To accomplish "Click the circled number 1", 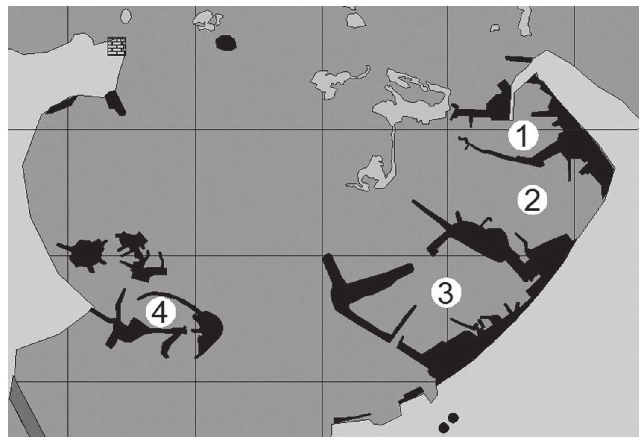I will (x=523, y=135).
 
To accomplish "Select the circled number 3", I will (x=446, y=293).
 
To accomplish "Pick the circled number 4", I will (x=160, y=312).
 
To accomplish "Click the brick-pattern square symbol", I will (x=117, y=46).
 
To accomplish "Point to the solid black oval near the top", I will (x=226, y=43).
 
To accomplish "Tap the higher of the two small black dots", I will (x=453, y=417).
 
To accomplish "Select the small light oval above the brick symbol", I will (x=126, y=16).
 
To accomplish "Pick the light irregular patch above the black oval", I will (x=207, y=21).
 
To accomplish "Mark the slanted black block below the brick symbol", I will (x=115, y=103).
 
